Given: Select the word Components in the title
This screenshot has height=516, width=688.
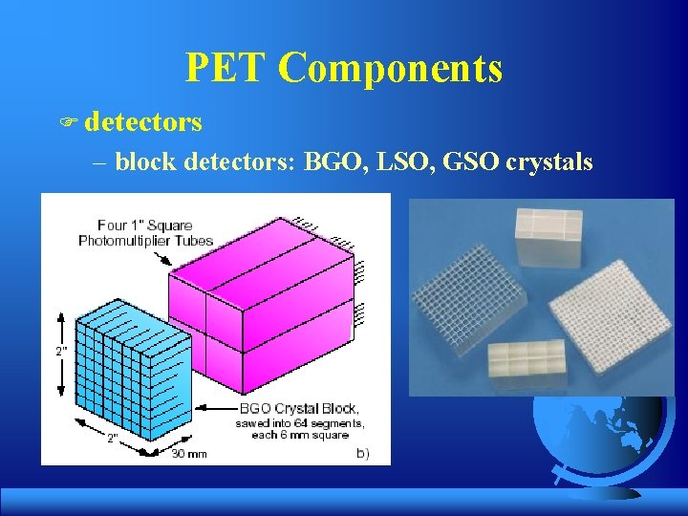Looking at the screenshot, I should pos(392,68).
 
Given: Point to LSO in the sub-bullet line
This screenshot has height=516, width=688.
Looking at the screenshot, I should pos(401,161).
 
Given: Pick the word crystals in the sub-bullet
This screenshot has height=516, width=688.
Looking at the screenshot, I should pos(549,161).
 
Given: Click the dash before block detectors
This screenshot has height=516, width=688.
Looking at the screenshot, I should pos(101,161).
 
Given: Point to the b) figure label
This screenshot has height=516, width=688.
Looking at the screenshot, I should pos(362,452).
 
